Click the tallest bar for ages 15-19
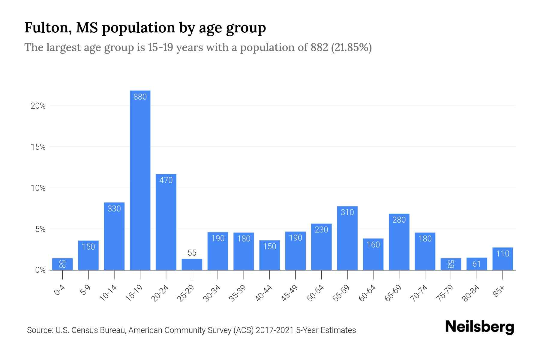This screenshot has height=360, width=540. (x=140, y=180)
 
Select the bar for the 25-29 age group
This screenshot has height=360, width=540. (x=192, y=265)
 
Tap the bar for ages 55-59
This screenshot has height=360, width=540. (x=347, y=240)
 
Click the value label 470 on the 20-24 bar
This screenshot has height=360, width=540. (x=166, y=180)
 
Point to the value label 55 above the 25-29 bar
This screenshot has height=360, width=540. (x=192, y=253)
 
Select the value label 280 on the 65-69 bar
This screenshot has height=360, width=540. (x=399, y=220)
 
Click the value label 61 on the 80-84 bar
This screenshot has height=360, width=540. (x=477, y=264)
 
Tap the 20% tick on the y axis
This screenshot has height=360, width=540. (x=38, y=106)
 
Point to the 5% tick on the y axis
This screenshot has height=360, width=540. (x=40, y=229)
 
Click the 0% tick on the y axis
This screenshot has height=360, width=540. (x=40, y=270)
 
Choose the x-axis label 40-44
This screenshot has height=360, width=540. (x=264, y=293)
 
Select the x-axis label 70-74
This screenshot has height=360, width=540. (x=419, y=293)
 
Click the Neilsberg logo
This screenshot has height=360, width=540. (x=479, y=327)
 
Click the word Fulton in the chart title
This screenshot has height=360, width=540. (x=48, y=28)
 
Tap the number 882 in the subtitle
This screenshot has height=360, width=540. (x=319, y=47)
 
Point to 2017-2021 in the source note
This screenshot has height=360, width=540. (x=274, y=330)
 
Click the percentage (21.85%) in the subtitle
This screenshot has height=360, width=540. (x=351, y=47)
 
